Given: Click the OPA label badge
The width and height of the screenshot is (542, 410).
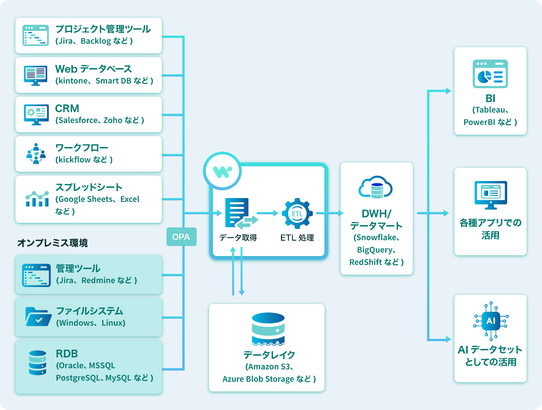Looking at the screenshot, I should pyautogui.click(x=181, y=237).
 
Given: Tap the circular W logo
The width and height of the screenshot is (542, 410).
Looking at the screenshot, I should pyautogui.click(x=222, y=171).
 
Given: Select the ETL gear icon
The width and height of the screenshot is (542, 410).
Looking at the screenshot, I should pyautogui.click(x=297, y=214).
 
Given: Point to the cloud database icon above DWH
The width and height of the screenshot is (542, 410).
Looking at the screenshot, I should pyautogui.click(x=376, y=187).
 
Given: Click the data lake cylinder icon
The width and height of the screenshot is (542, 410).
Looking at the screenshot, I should pyautogui.click(x=268, y=328).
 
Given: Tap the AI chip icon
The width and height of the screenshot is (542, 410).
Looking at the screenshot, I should pyautogui.click(x=491, y=321).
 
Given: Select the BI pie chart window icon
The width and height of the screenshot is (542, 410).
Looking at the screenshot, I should pyautogui.click(x=490, y=74).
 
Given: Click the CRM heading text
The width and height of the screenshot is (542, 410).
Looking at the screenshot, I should pyautogui.click(x=67, y=108).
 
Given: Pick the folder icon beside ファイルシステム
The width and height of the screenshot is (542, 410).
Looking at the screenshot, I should pyautogui.click(x=38, y=317).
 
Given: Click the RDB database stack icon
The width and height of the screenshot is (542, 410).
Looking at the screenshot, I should pyautogui.click(x=38, y=362).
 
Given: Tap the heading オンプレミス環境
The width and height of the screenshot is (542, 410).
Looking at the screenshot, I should pyautogui.click(x=52, y=243).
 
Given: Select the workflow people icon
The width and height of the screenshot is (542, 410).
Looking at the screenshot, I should pyautogui.click(x=36, y=154).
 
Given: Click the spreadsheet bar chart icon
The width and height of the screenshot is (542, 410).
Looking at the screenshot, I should pyautogui.click(x=37, y=199).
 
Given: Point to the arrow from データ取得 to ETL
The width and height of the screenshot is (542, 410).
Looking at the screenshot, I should pyautogui.click(x=268, y=213).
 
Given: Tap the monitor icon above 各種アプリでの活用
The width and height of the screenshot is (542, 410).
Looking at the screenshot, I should pyautogui.click(x=491, y=195).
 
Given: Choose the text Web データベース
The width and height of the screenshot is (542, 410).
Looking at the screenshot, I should pyautogui.click(x=93, y=69).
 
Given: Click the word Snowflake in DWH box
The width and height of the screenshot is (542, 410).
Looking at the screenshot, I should pyautogui.click(x=376, y=237).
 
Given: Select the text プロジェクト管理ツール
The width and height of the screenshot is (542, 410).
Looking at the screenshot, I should pyautogui.click(x=103, y=29).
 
